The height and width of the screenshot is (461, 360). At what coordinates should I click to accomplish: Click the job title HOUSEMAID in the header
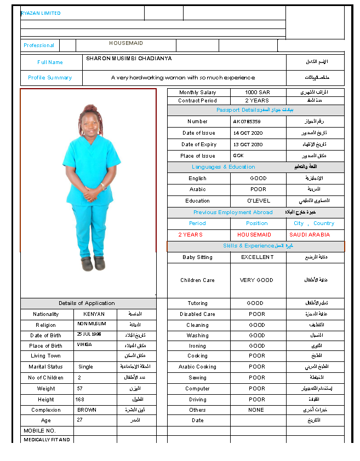[126, 43]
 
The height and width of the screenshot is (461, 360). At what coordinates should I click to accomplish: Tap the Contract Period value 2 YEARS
[257, 101]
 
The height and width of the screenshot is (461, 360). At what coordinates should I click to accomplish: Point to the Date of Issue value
[248, 133]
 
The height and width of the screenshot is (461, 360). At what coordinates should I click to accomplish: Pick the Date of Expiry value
[248, 145]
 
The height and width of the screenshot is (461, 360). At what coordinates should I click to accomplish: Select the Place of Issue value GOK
[238, 156]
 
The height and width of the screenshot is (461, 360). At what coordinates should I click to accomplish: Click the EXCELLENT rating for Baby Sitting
[258, 257]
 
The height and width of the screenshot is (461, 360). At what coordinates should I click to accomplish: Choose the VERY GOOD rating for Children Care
[256, 280]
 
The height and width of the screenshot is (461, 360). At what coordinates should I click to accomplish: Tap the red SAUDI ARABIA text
[310, 235]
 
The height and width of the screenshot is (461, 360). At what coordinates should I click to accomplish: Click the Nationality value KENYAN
[94, 314]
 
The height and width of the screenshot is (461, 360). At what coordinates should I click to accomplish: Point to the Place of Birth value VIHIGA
[85, 346]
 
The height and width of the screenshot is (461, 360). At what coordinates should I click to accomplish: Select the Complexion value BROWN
[87, 410]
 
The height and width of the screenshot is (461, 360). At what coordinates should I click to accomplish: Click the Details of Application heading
[87, 303]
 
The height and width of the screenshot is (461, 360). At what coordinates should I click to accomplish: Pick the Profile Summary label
[50, 78]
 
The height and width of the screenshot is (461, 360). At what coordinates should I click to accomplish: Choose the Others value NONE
[256, 410]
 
